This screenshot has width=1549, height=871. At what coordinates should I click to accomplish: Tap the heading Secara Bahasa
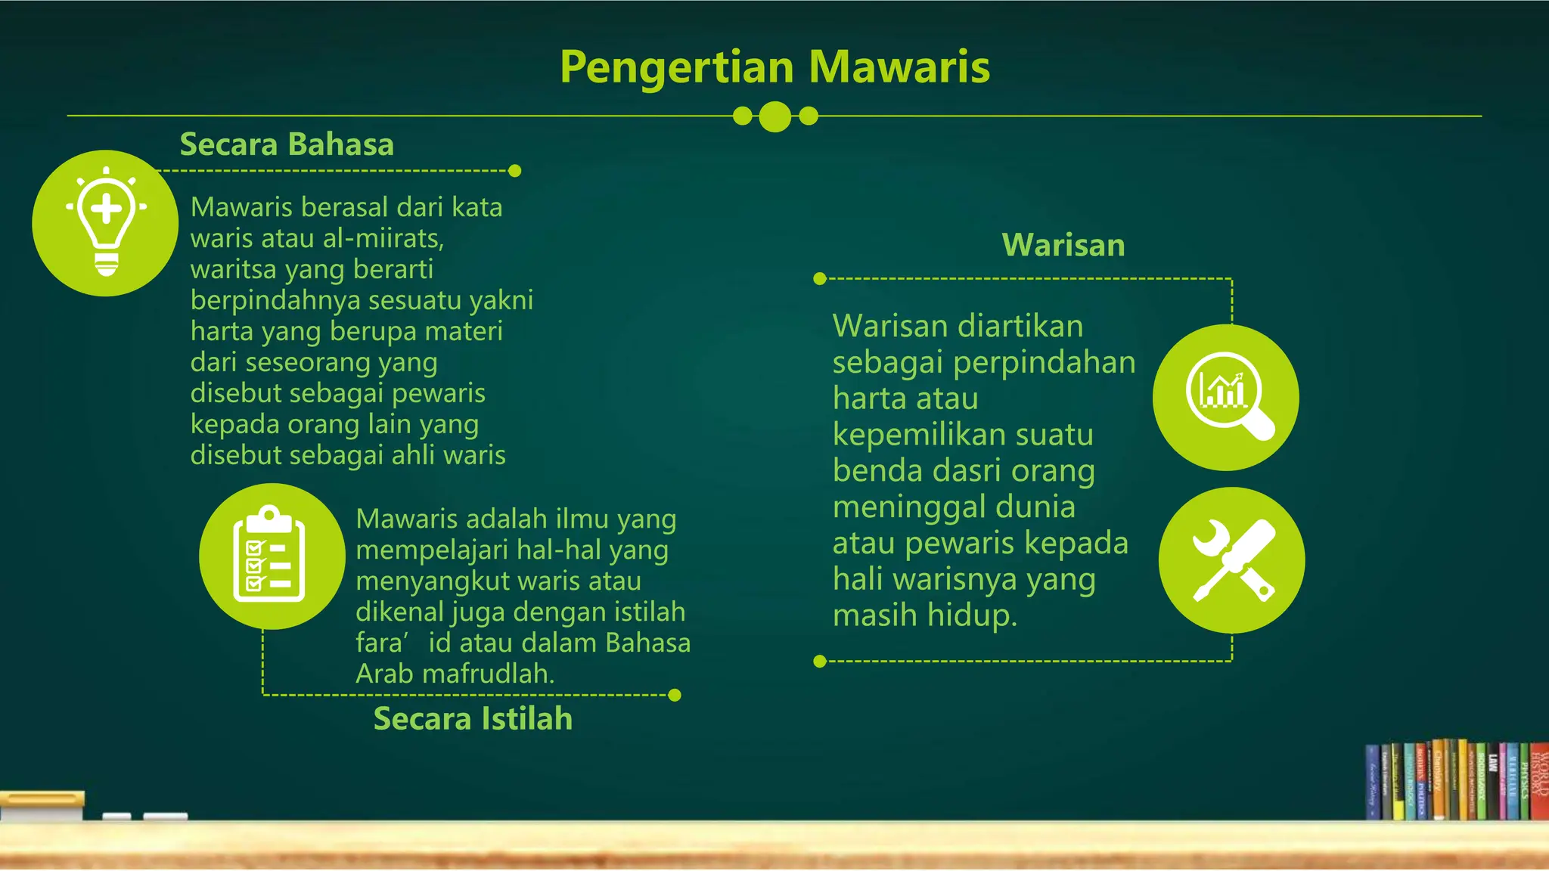coord(287,144)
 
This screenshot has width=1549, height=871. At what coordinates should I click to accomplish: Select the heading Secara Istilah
coord(473,719)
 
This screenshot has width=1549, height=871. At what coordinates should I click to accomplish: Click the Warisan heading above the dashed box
coord(1063,246)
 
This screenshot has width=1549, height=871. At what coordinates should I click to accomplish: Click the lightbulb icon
coord(106,223)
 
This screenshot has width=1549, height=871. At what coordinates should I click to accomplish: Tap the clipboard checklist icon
coord(272,556)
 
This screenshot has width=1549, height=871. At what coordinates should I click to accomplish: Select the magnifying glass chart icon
coord(1225,397)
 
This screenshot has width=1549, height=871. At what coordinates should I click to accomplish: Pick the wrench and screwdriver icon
coord(1231,560)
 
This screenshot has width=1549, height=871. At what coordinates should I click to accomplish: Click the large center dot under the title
coord(774,116)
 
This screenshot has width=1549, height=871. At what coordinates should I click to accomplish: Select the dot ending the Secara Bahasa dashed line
coord(515,171)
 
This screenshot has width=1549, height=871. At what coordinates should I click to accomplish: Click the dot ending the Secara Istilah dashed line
coord(675,695)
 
